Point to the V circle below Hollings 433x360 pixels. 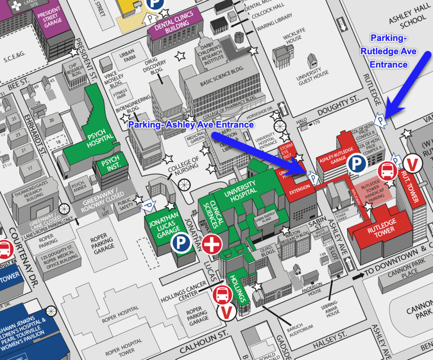227,312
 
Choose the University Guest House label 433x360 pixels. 312,76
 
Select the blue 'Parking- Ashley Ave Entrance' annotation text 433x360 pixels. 191,125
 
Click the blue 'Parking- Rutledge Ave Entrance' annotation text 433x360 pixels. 388,51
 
